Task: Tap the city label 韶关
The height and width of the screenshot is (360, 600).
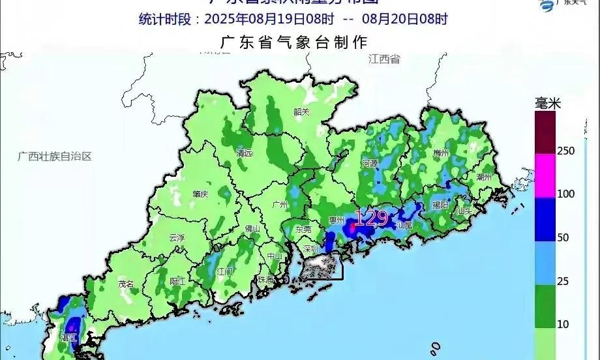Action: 301,112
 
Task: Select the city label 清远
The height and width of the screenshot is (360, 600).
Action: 244,154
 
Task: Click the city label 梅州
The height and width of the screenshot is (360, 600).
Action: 442,153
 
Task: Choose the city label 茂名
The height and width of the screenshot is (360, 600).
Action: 125,284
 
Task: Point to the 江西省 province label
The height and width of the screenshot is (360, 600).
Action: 383,59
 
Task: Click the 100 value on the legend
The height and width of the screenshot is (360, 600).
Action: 565,194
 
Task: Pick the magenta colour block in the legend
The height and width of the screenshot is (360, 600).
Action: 544,175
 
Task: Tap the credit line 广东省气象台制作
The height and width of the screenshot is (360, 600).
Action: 295,43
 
